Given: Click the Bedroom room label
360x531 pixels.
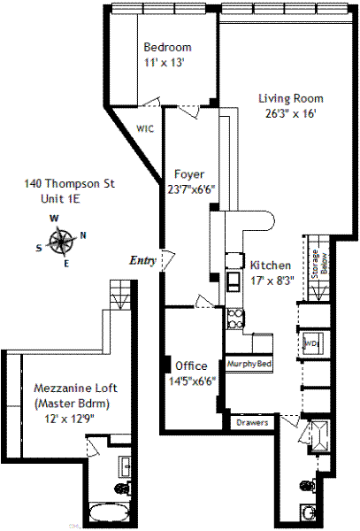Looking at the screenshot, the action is coord(167,47).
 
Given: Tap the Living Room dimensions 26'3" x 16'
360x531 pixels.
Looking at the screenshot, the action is coord(291,113).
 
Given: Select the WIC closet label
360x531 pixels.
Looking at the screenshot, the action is coord(145,128).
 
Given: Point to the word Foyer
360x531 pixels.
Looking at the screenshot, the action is coord(189,174).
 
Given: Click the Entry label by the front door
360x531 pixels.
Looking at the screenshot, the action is coord(142,260).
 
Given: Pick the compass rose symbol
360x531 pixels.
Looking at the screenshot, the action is coord(61,241).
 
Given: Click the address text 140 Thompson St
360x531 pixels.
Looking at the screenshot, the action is coord(69,184).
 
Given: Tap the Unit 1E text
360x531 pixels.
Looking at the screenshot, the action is coord(60,198).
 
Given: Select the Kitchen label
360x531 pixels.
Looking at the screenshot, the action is coord(271,265).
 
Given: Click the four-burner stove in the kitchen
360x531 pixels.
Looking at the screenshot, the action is coord(234,319).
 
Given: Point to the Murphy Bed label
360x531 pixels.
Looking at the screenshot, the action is coord(249,364).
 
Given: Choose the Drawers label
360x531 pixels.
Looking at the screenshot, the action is coord(252,423).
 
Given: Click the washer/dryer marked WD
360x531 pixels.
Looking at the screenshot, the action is coord(311,343).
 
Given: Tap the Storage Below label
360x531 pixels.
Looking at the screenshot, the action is coord(319,264).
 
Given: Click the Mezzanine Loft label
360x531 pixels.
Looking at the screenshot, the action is coord(76,388).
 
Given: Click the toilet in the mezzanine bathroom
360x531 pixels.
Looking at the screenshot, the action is coord(122,488).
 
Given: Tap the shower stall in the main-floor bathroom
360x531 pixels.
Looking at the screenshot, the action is coord(319,436).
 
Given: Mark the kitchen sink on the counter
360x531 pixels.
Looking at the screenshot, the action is coord(234,281).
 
